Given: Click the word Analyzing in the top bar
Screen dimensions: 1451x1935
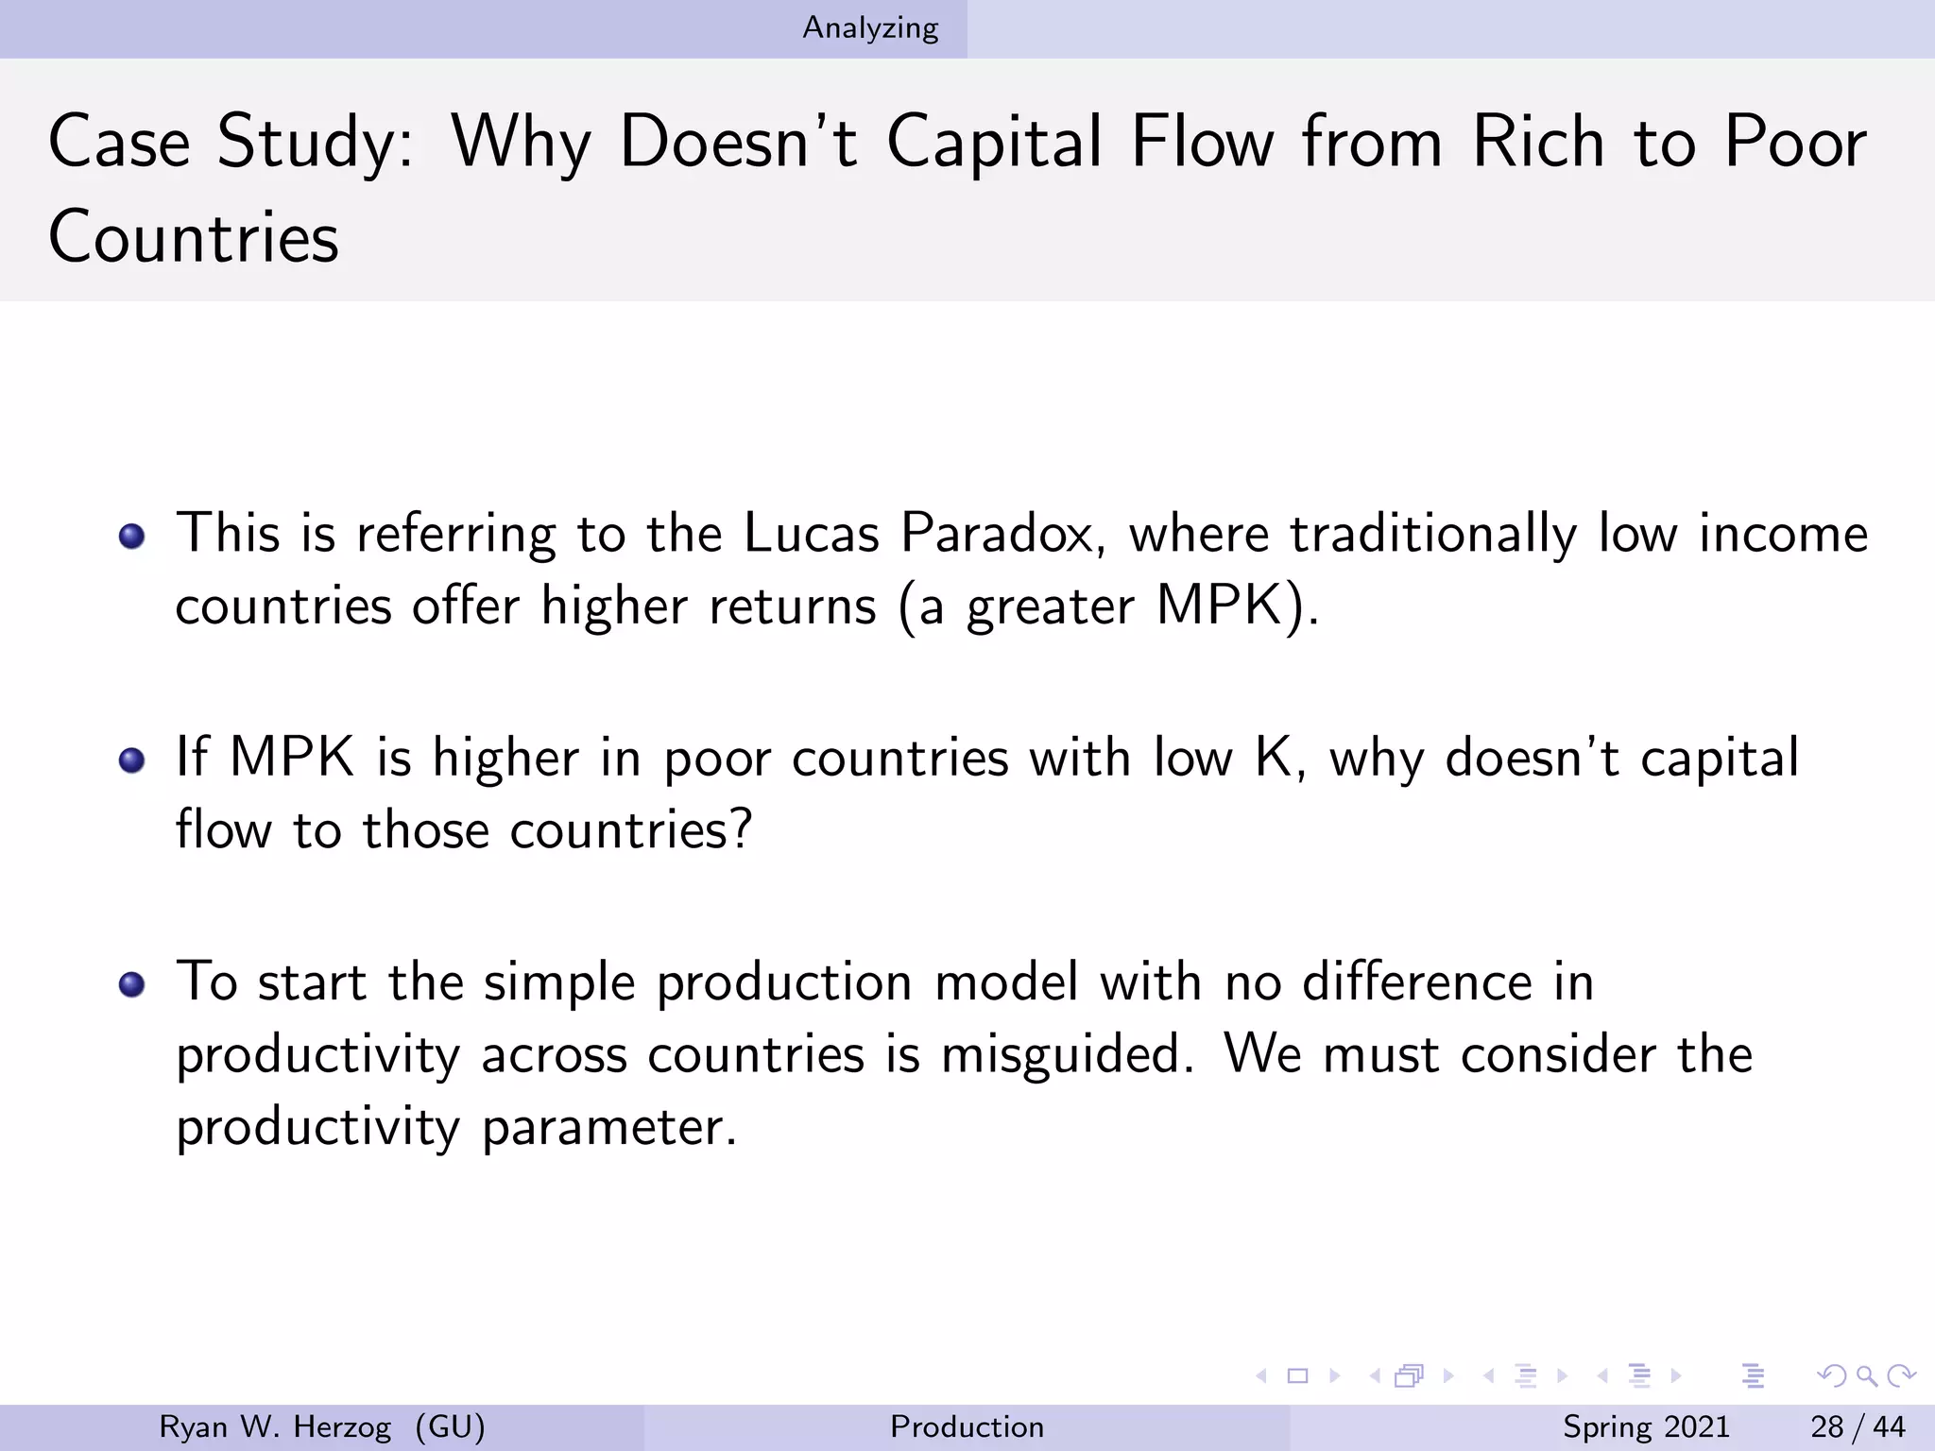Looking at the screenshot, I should (x=870, y=28).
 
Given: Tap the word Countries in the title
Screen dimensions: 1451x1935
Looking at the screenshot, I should (x=194, y=236).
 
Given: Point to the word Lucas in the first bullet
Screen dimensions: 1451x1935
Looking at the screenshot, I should (x=812, y=533).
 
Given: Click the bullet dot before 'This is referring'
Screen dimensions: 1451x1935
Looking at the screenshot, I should (x=132, y=537).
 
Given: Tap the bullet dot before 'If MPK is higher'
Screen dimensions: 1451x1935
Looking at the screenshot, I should (x=132, y=760).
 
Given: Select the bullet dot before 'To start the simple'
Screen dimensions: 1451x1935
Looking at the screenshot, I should (x=132, y=984).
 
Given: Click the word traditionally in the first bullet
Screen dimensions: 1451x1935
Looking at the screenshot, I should (x=1433, y=533).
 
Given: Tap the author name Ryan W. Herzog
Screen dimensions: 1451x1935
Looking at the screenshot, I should (x=274, y=1426).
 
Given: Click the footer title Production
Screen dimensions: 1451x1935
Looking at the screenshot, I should (x=967, y=1426).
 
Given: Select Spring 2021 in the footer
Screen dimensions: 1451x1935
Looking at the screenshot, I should (x=1646, y=1426).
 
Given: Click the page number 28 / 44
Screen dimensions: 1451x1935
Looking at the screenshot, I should (x=1858, y=1426).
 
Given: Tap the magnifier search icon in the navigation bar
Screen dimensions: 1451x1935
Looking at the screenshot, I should (x=1865, y=1375).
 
